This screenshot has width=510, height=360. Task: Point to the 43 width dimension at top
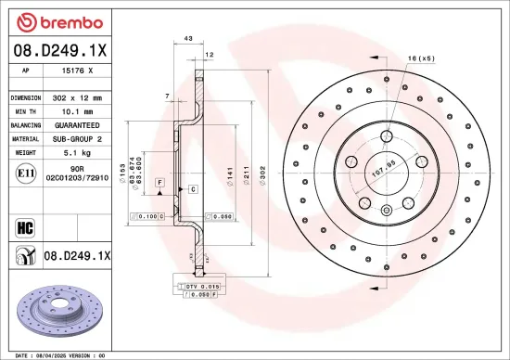pos(188,39)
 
